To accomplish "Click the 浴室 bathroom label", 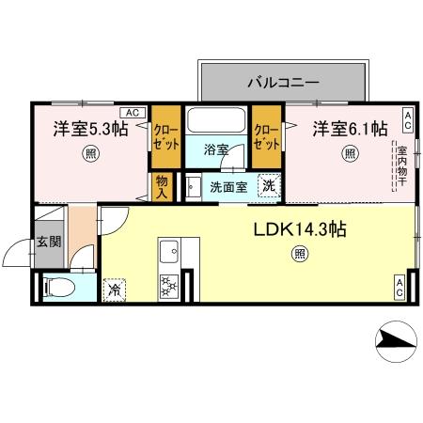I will [x=217, y=149].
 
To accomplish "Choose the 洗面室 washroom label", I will [x=227, y=187].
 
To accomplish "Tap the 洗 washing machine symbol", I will [x=268, y=186].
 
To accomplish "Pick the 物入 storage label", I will [x=162, y=186].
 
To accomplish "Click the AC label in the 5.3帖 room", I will [x=132, y=114].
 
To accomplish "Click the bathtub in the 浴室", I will [x=217, y=123].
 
